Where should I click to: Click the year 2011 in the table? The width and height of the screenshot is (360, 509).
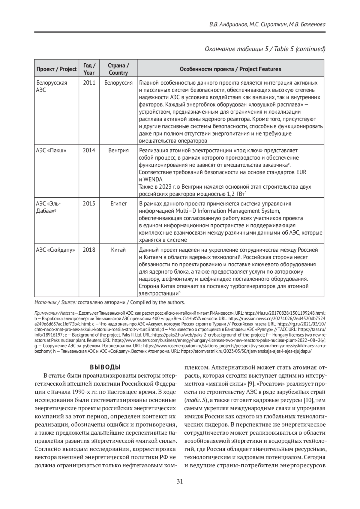(x=89, y=82)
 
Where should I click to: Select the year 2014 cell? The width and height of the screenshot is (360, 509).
(x=89, y=150)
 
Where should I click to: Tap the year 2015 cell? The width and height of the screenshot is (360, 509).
(x=89, y=204)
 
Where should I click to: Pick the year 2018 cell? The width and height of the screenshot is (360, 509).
(x=89, y=250)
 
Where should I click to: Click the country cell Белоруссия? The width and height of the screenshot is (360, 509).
(x=118, y=82)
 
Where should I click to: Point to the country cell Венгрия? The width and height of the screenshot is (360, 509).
(x=118, y=150)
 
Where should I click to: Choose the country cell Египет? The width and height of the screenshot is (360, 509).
(x=118, y=204)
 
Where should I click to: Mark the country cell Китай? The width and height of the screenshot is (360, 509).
(x=118, y=250)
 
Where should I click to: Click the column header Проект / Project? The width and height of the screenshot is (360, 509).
(x=56, y=69)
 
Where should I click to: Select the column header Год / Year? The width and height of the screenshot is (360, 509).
(x=89, y=69)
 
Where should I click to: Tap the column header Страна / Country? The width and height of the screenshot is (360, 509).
(x=118, y=69)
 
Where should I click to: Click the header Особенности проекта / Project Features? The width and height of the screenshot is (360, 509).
(x=230, y=69)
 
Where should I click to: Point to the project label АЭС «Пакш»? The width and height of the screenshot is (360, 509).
(x=51, y=150)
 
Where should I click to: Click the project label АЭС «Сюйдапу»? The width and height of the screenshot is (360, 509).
(x=55, y=250)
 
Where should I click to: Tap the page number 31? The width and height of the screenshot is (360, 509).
(x=180, y=481)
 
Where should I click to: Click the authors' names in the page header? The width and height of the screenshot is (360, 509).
(x=267, y=25)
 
